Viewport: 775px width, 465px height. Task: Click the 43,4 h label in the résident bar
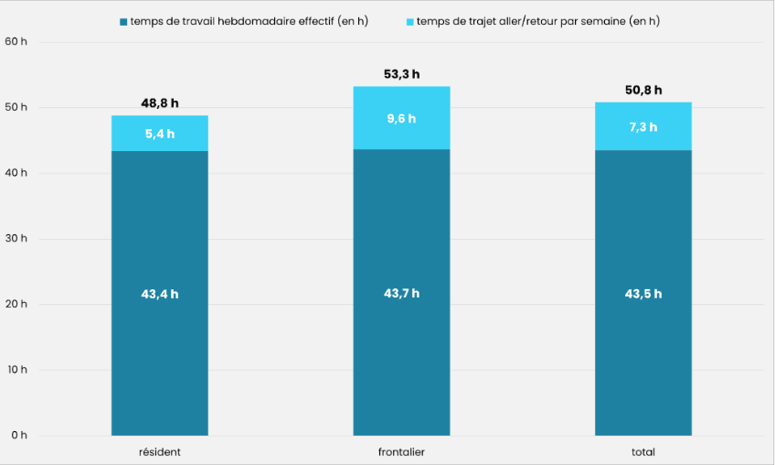[160, 295]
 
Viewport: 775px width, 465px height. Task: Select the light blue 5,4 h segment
[160, 134]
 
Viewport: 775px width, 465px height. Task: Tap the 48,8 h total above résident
[160, 103]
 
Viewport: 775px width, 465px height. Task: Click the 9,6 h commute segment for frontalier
[401, 118]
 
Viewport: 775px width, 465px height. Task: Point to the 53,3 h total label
[401, 74]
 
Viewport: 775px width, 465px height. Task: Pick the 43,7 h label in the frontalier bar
[401, 294]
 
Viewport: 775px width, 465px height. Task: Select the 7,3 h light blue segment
[642, 126]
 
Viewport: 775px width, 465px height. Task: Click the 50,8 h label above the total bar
[642, 90]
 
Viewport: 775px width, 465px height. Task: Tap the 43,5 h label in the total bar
[642, 294]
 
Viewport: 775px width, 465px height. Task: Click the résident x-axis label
[160, 452]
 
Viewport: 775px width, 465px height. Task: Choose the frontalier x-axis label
[401, 452]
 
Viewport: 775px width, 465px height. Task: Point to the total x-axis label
[642, 452]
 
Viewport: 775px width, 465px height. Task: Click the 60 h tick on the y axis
[16, 41]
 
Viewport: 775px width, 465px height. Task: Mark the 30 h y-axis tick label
[16, 239]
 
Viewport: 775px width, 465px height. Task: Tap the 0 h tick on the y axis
[19, 435]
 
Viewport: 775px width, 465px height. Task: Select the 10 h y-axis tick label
[16, 370]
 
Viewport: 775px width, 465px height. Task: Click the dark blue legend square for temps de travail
[123, 21]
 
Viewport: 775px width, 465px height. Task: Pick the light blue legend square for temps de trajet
[410, 21]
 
